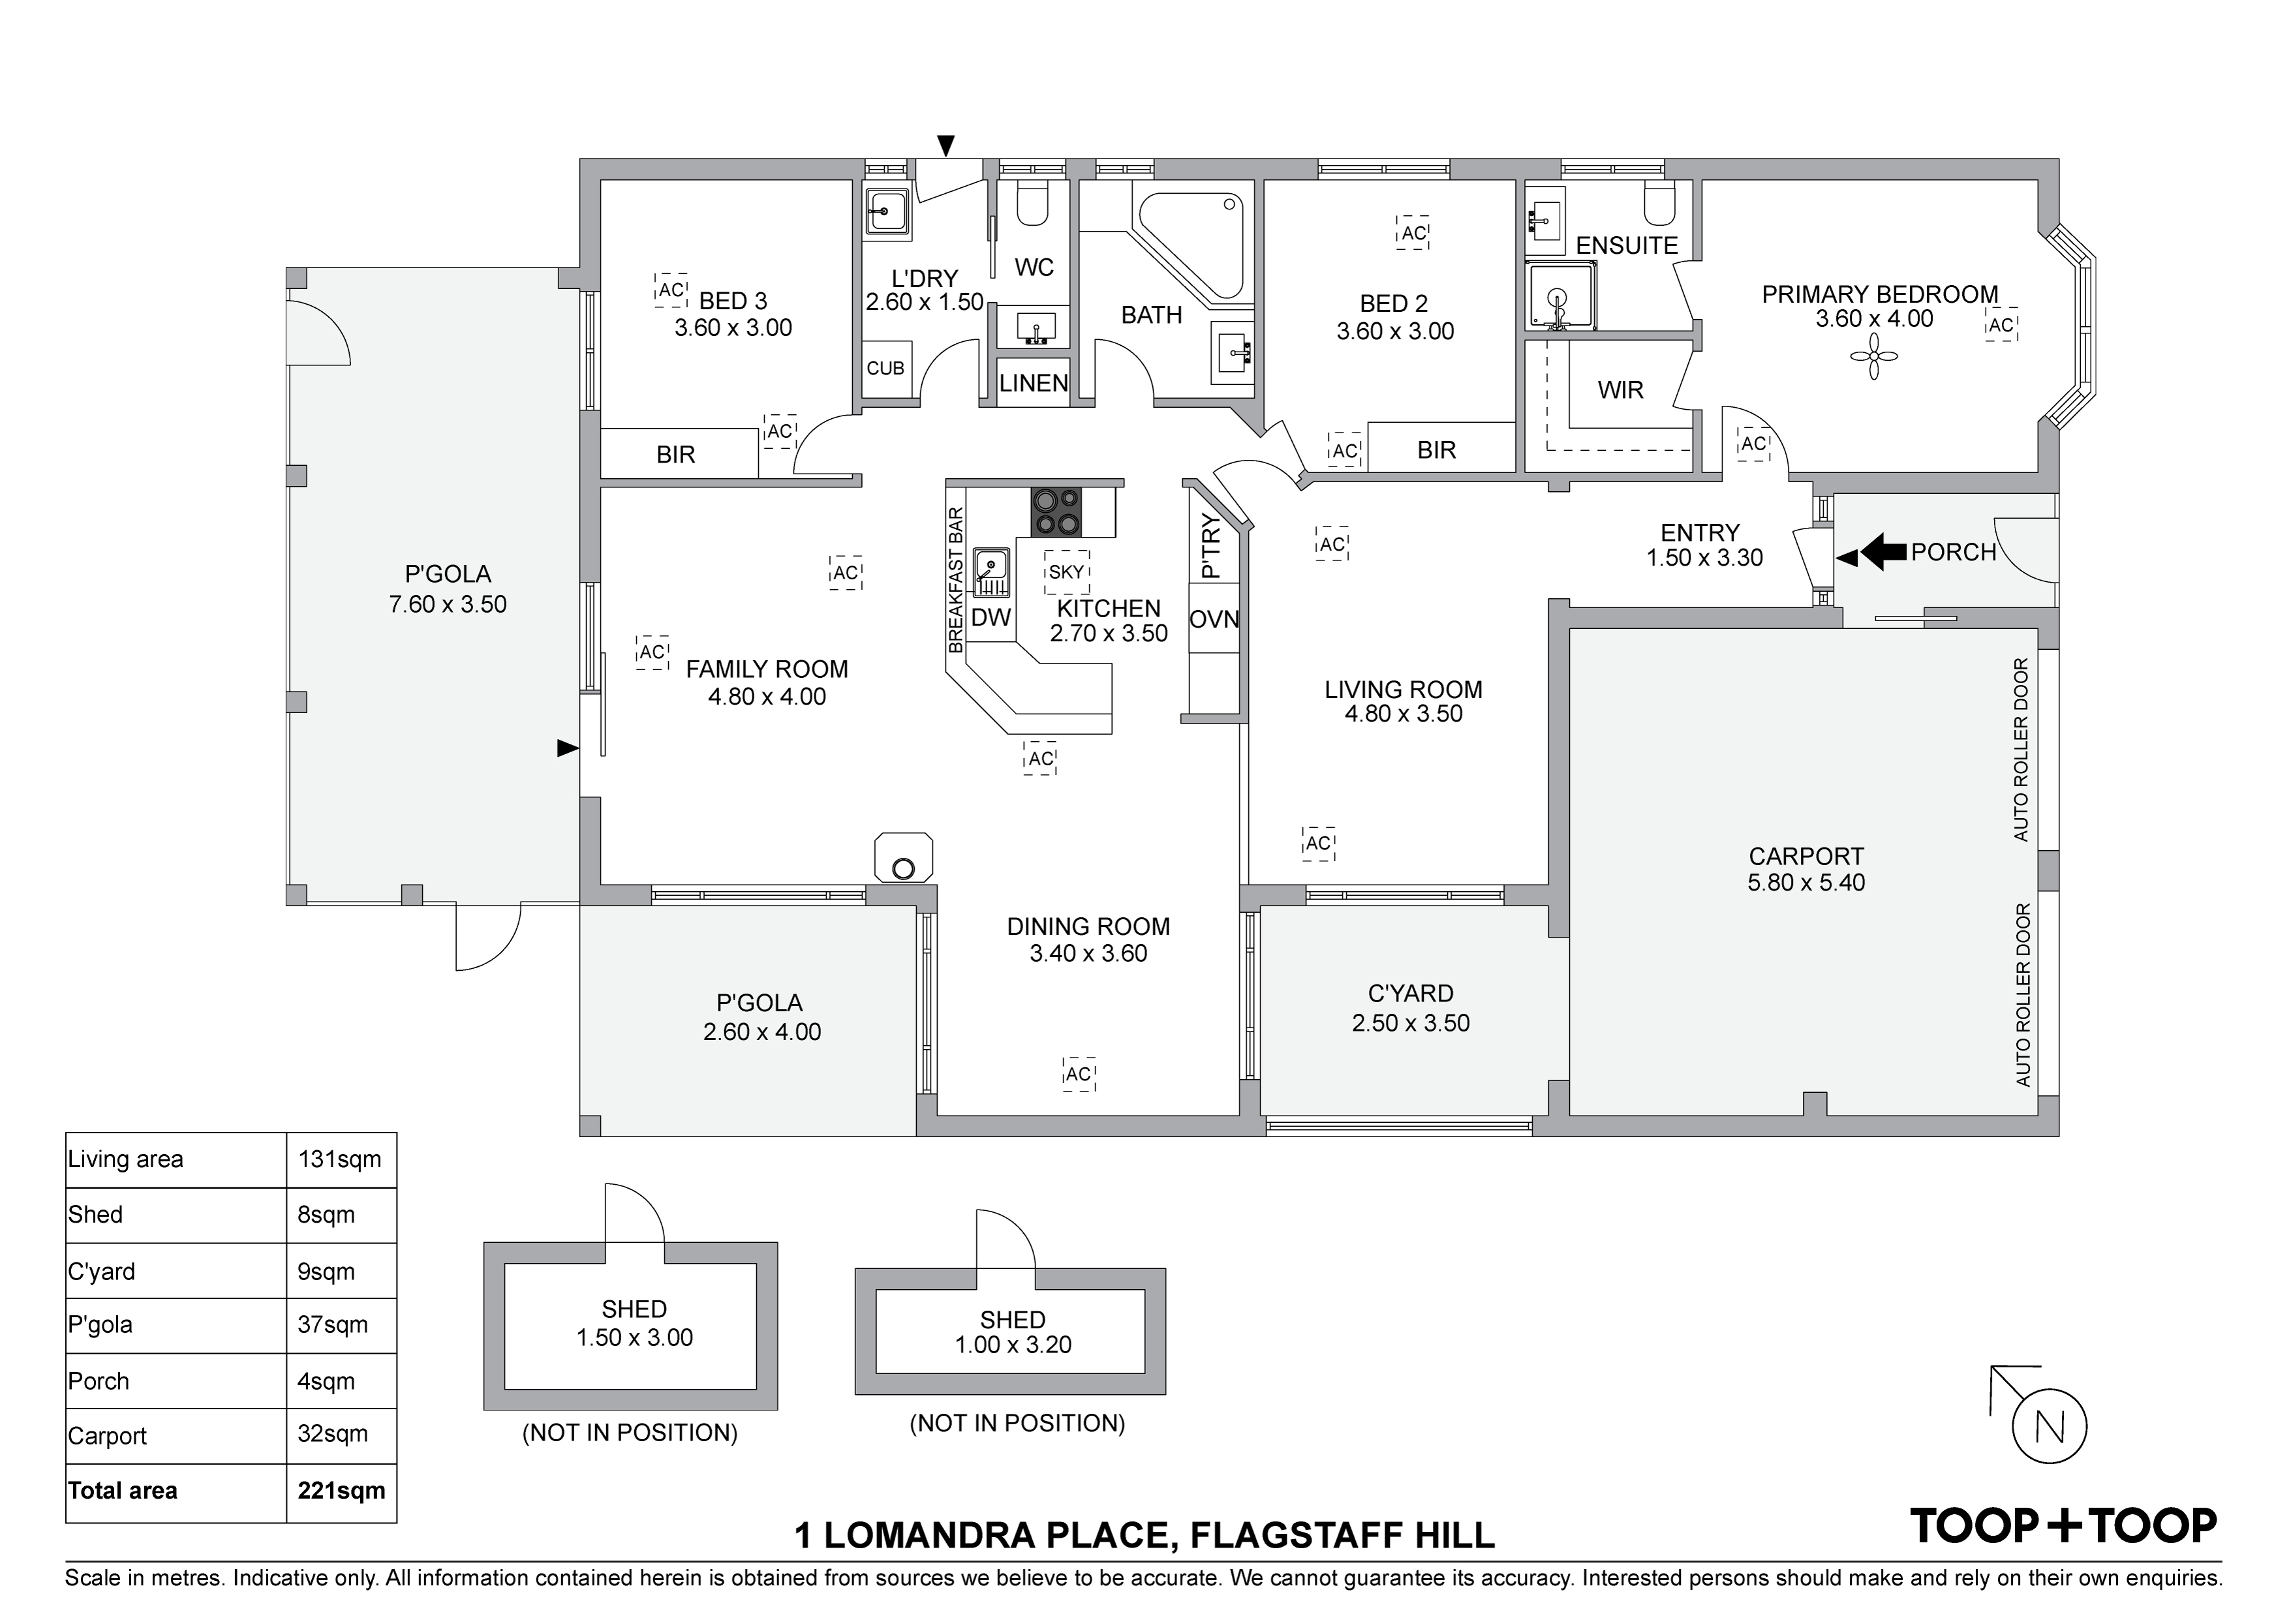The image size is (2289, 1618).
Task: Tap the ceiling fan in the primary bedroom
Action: tap(1874, 357)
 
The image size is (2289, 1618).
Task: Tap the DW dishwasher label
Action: tap(991, 617)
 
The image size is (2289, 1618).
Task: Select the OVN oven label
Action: tap(1214, 619)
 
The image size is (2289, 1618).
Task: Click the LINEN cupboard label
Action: tap(1034, 383)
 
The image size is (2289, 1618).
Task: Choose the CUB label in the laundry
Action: tap(885, 368)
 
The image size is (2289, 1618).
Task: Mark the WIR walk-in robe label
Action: tap(1620, 389)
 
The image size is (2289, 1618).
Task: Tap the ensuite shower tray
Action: tap(1561, 296)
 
